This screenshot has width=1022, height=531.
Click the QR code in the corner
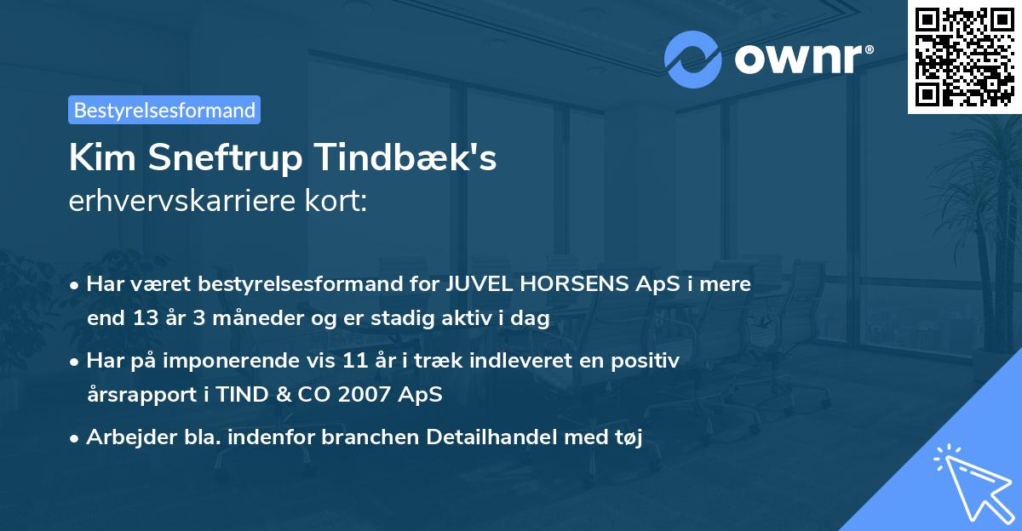click(x=964, y=56)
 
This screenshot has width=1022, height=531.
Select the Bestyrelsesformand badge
click(x=164, y=110)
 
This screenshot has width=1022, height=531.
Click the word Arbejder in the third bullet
click(x=123, y=437)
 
